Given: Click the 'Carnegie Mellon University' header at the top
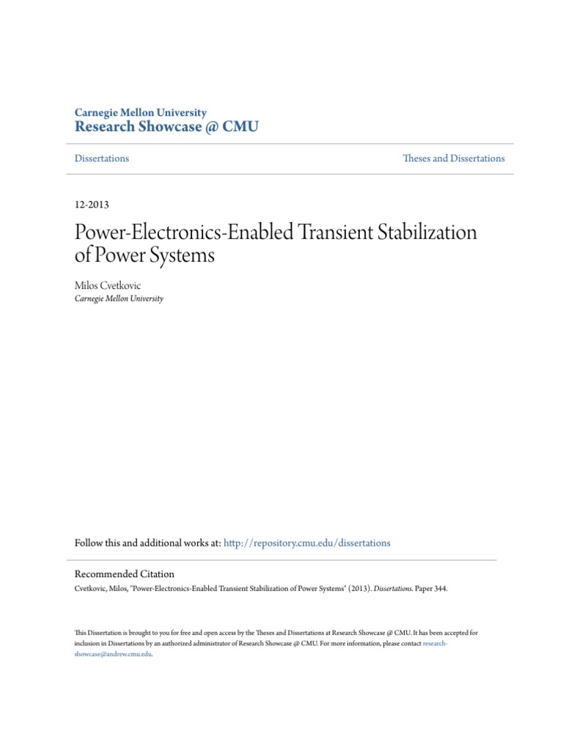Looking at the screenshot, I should pyautogui.click(x=141, y=112).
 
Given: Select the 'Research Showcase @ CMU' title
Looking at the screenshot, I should pyautogui.click(x=166, y=128).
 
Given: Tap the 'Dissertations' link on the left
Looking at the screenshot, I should pyautogui.click(x=102, y=158).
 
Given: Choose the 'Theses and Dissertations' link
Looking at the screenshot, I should pyautogui.click(x=454, y=158).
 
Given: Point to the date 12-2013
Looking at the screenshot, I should pyautogui.click(x=92, y=205).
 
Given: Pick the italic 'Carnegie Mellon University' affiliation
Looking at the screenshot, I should pyautogui.click(x=119, y=298).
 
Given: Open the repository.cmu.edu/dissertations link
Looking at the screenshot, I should pyautogui.click(x=306, y=543).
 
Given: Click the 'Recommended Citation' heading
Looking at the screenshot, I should pyautogui.click(x=125, y=574).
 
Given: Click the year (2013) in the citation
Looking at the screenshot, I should pyautogui.click(x=353, y=588).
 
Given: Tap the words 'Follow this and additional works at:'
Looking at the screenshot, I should pyautogui.click(x=147, y=543).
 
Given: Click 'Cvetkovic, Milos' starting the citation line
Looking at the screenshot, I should pyautogui.click(x=97, y=588).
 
